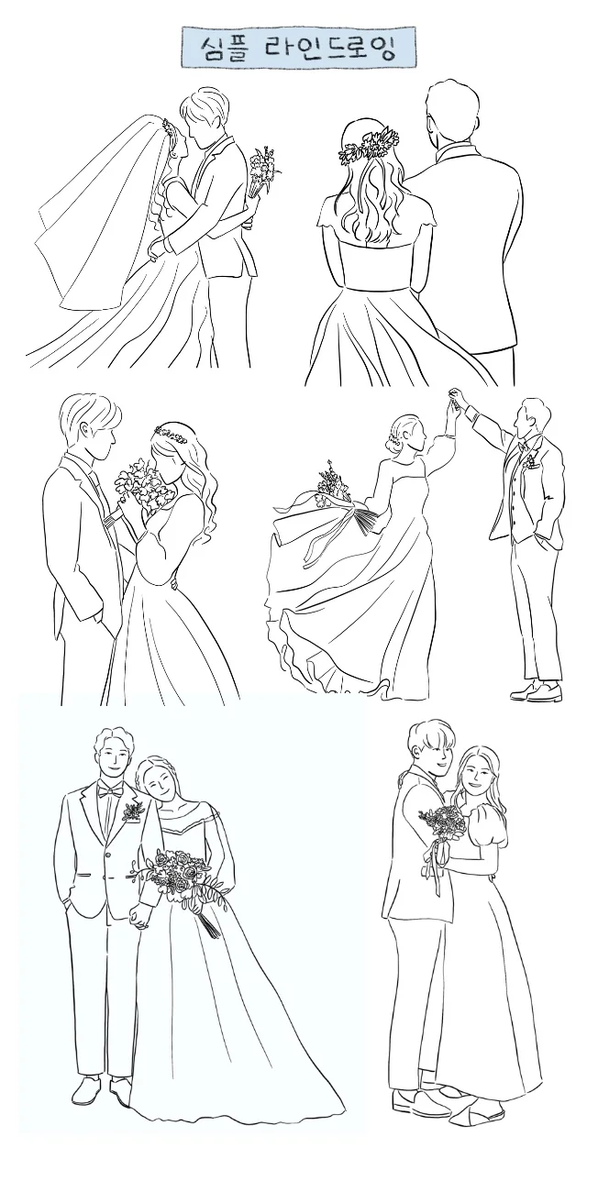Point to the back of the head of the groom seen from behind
[453, 112]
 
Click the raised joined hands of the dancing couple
[454, 399]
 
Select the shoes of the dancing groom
[536, 690]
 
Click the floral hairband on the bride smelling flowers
[170, 435]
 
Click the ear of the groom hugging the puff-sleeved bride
[417, 748]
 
